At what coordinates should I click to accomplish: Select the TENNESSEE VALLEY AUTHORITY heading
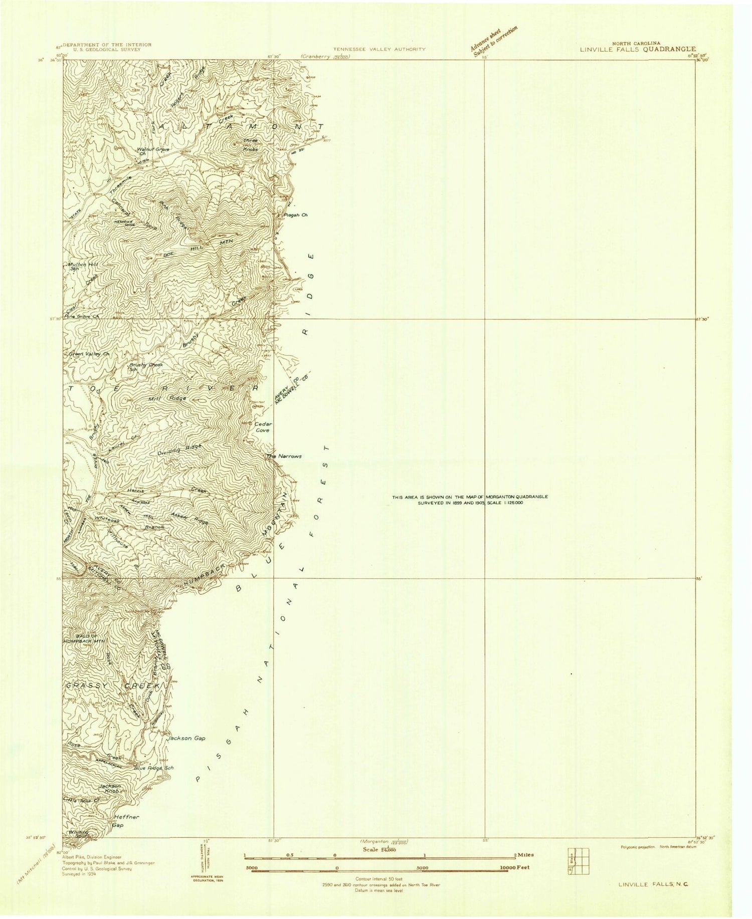[x=379, y=49]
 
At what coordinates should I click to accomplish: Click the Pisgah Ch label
[x=293, y=215]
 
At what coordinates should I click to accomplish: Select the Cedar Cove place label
[x=261, y=427]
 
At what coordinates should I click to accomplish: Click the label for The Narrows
[x=284, y=456]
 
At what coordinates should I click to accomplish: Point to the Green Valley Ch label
[x=88, y=354]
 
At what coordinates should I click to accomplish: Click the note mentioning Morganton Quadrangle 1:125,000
[x=470, y=499]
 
